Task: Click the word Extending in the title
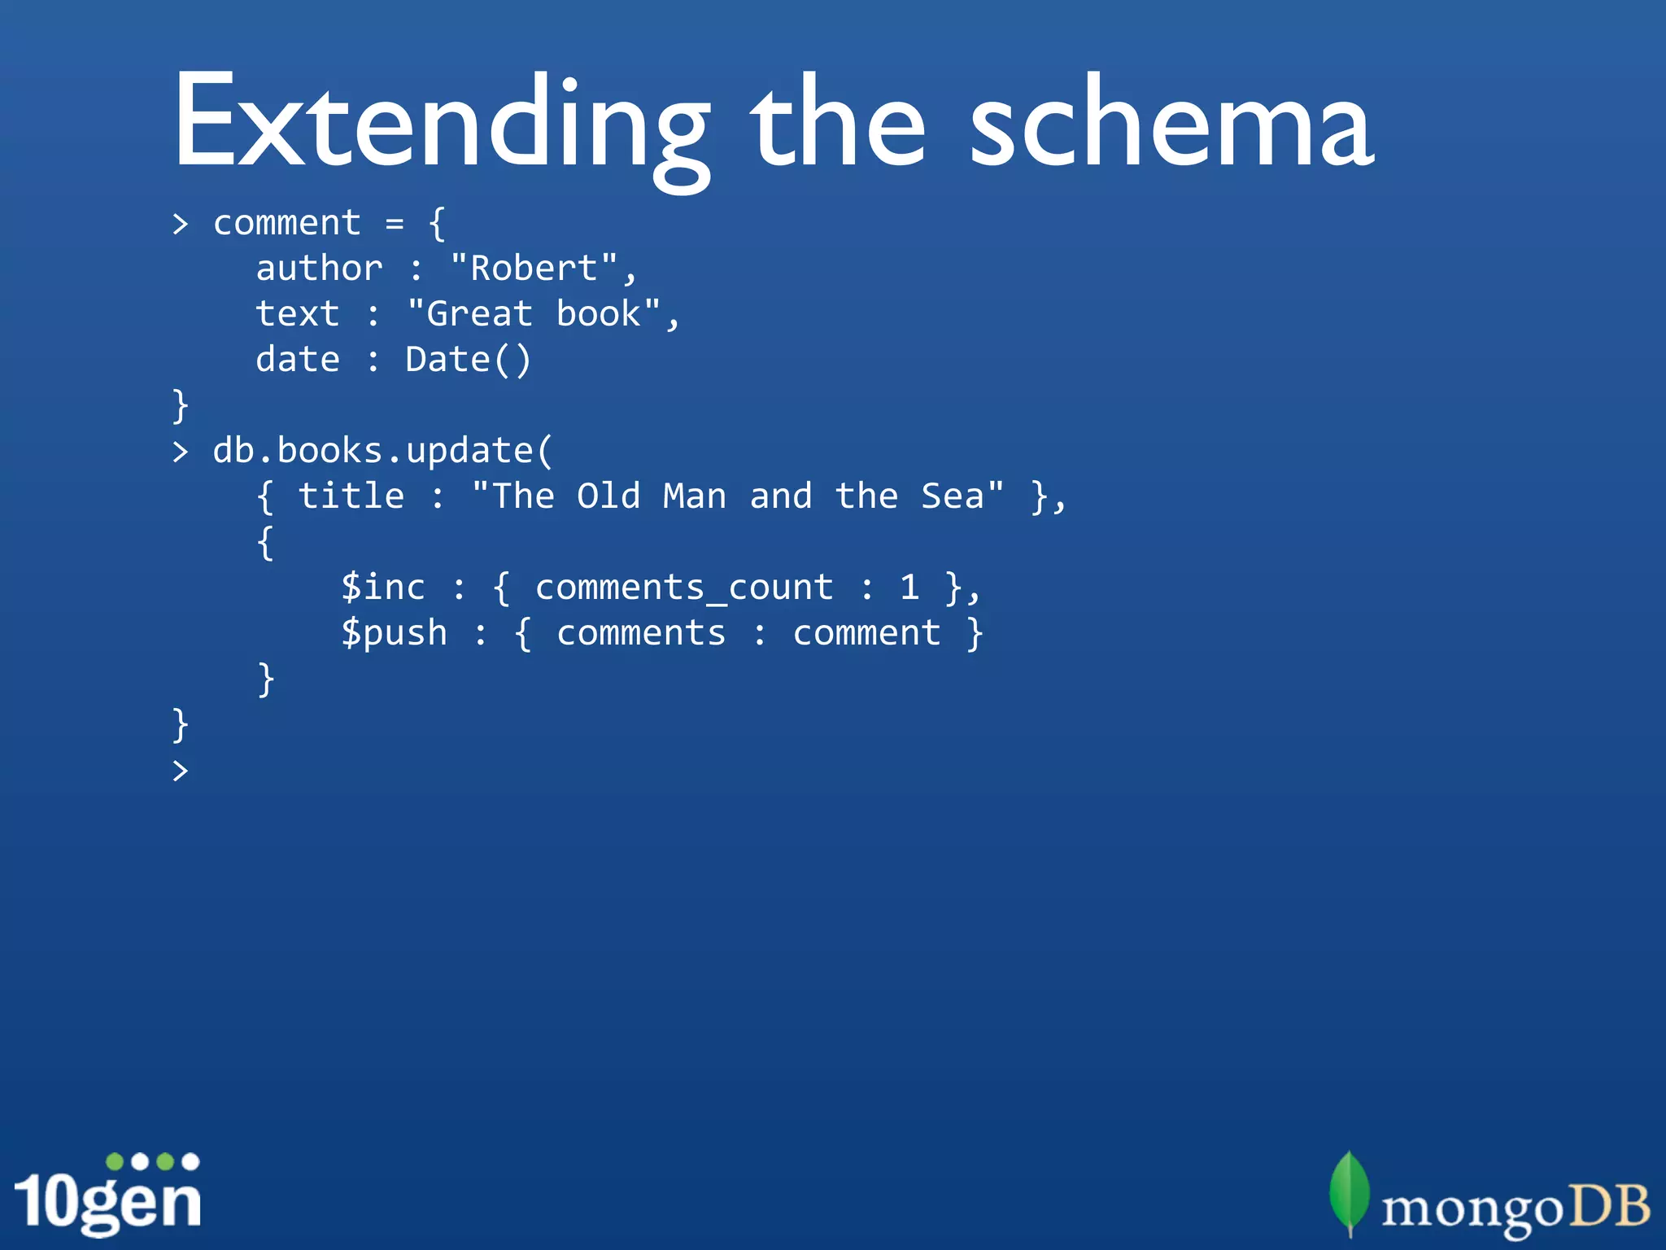pyautogui.click(x=439, y=122)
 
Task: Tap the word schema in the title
pyautogui.click(x=1171, y=122)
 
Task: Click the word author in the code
pyautogui.click(x=319, y=269)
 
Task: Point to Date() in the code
pyautogui.click(x=469, y=360)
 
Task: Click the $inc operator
pyautogui.click(x=382, y=588)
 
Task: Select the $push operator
pyautogui.click(x=394, y=633)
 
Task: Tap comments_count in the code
pyautogui.click(x=683, y=588)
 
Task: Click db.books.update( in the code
pyautogui.click(x=382, y=451)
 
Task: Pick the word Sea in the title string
pyautogui.click(x=952, y=496)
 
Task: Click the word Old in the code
pyautogui.click(x=608, y=496)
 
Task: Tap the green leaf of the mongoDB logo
pyautogui.click(x=1349, y=1193)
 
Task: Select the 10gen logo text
pyautogui.click(x=107, y=1201)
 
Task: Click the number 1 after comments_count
pyautogui.click(x=909, y=588)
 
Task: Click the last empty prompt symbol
pyautogui.click(x=181, y=770)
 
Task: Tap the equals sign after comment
pyautogui.click(x=395, y=223)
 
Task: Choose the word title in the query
pyautogui.click(x=351, y=496)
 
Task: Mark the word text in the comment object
pyautogui.click(x=298, y=314)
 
